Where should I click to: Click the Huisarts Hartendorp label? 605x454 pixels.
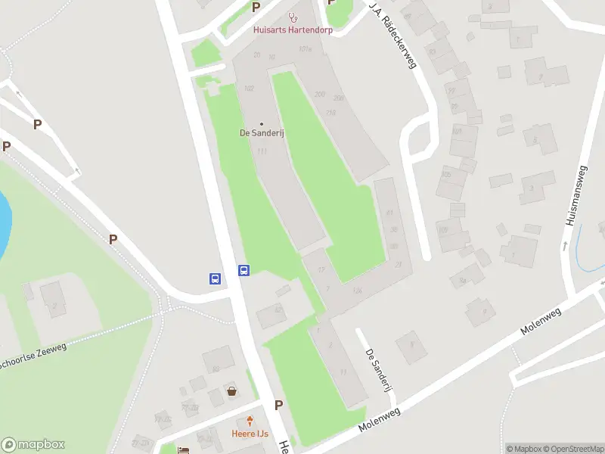[x=292, y=30]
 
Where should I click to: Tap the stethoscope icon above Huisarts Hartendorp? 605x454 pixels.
[x=293, y=17]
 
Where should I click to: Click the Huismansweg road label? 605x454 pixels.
[x=576, y=196]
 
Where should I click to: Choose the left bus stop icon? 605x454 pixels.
[x=216, y=278]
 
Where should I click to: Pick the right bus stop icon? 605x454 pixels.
[x=244, y=270]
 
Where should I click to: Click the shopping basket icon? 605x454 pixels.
[x=232, y=391]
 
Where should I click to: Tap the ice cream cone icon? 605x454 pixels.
[x=250, y=421]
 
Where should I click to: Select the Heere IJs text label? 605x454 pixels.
[x=250, y=434]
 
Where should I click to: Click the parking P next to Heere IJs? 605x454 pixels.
[x=278, y=405]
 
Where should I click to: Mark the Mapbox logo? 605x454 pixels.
[x=33, y=445]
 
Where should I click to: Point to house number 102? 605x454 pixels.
[x=250, y=89]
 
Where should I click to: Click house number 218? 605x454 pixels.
[x=330, y=113]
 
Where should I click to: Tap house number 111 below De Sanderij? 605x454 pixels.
[x=262, y=151]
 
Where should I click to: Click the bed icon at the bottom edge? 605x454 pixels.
[x=183, y=449]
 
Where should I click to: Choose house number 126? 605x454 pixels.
[x=357, y=290]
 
